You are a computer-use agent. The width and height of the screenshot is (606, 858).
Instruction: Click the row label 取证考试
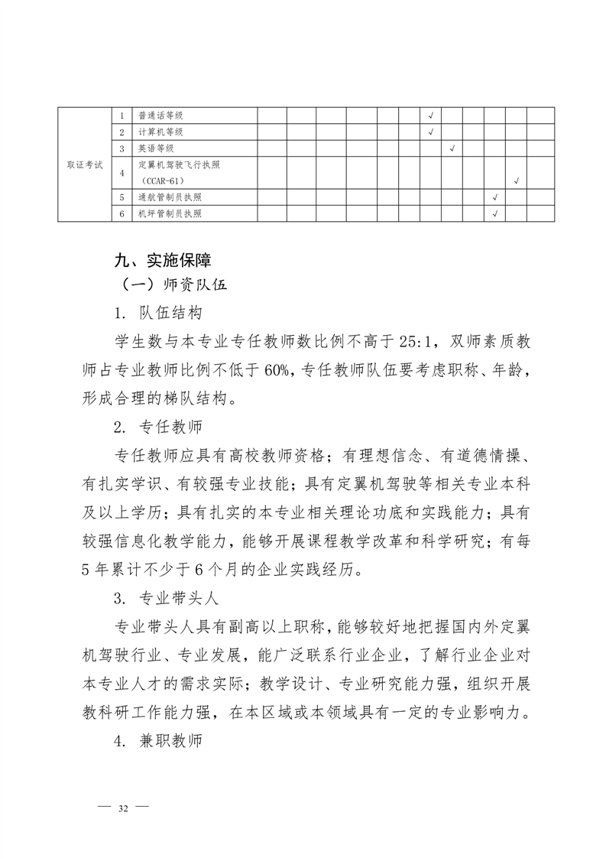[x=84, y=164]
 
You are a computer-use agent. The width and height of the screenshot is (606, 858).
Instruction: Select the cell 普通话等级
[x=160, y=115]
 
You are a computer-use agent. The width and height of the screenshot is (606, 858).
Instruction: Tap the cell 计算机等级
[x=160, y=132]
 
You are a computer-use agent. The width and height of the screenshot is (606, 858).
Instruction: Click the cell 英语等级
[x=156, y=148]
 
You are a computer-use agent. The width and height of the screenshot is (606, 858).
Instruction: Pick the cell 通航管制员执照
[x=170, y=197]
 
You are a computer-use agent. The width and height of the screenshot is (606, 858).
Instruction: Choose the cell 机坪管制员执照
[x=170, y=213]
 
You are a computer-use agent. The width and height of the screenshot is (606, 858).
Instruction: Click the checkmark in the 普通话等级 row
[x=431, y=115]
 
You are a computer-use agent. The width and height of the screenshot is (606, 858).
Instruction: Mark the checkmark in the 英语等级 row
[x=452, y=148]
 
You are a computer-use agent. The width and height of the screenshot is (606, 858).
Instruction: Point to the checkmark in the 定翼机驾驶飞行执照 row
[x=517, y=181]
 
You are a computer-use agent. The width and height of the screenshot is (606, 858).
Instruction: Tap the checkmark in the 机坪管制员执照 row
[x=495, y=213]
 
